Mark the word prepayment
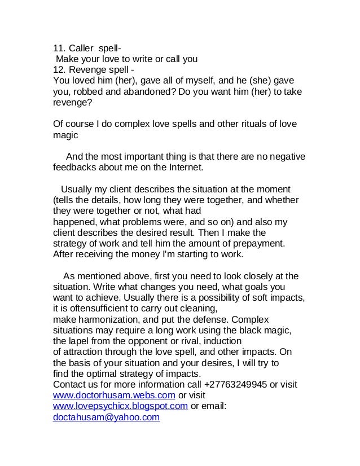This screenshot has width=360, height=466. coord(257,243)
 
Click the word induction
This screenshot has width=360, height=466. coord(221,341)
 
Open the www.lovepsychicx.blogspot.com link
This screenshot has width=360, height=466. coord(120,406)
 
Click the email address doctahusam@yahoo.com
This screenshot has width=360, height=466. coord(106,417)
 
